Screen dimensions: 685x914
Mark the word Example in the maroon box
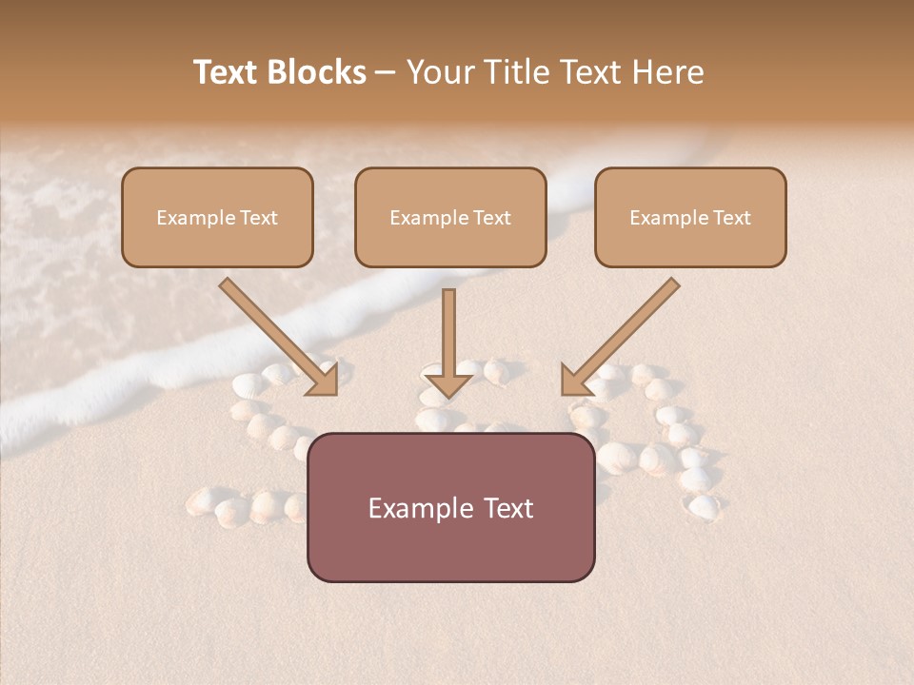pyautogui.click(x=420, y=508)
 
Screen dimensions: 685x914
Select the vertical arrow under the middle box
pyautogui.click(x=448, y=333)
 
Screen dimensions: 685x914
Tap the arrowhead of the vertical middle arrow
pyautogui.click(x=448, y=383)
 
